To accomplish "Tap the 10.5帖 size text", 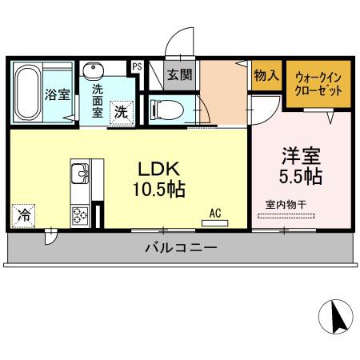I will [x=158, y=190].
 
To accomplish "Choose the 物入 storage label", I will [x=266, y=75].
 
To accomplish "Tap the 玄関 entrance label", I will [x=179, y=75].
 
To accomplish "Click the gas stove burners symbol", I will [x=81, y=214].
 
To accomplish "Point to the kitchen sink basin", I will [x=80, y=174].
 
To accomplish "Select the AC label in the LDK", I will [x=215, y=213].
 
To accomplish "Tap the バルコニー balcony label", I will [x=181, y=248].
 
